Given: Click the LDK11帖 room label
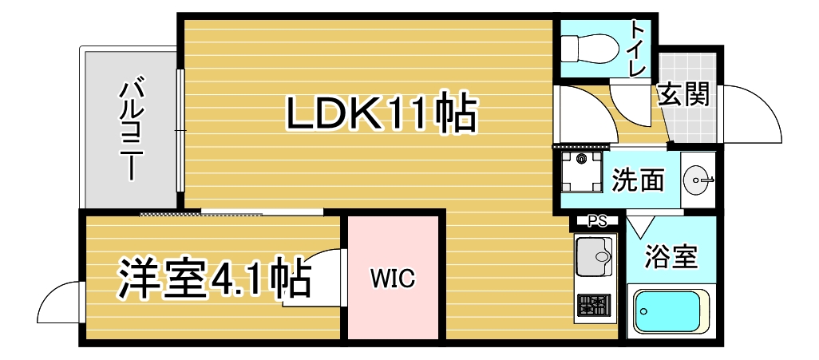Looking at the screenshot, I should coord(382,113).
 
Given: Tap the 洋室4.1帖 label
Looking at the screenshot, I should coord(215,277).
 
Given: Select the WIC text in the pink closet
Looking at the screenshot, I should coord(391,278).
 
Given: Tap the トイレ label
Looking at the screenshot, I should coord(639,48).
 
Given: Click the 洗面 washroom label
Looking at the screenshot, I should coord(638,181).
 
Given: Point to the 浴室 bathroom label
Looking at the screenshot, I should coord(671,257).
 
